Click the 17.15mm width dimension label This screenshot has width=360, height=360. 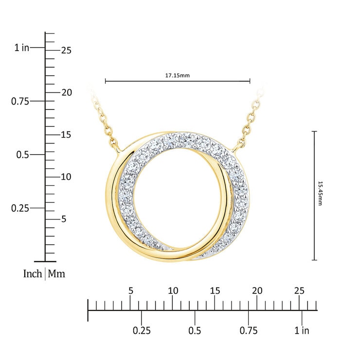pyautogui.click(x=177, y=76)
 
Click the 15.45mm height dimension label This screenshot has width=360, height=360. pyautogui.click(x=320, y=194)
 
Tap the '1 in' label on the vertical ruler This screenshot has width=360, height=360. pyautogui.click(x=22, y=48)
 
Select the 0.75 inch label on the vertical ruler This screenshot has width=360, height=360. pyautogui.click(x=20, y=101)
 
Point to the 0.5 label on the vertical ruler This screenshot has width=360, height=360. pyautogui.click(x=23, y=155)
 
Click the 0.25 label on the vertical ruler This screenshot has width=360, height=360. pyautogui.click(x=20, y=208)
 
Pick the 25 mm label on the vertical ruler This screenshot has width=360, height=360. pyautogui.click(x=67, y=50)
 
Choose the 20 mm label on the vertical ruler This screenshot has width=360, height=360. pyautogui.click(x=67, y=92)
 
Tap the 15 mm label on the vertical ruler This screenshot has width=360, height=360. pyautogui.click(x=67, y=135)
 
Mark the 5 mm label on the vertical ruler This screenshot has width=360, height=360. pyautogui.click(x=64, y=219)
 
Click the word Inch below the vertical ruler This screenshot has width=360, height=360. pyautogui.click(x=33, y=274)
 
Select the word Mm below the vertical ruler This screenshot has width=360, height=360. pyautogui.click(x=56, y=274)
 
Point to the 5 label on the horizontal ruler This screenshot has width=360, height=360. pyautogui.click(x=130, y=290)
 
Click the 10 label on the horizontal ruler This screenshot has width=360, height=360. pyautogui.click(x=173, y=290)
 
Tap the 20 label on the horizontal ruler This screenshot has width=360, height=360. pyautogui.click(x=257, y=290)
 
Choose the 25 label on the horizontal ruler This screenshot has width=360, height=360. pyautogui.click(x=299, y=290)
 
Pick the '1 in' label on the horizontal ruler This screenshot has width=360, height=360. pyautogui.click(x=302, y=331)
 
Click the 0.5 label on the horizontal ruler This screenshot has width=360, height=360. pyautogui.click(x=195, y=331)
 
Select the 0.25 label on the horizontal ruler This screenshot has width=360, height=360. pyautogui.click(x=142, y=331)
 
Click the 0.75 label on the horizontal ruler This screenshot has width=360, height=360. pyautogui.click(x=249, y=331)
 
